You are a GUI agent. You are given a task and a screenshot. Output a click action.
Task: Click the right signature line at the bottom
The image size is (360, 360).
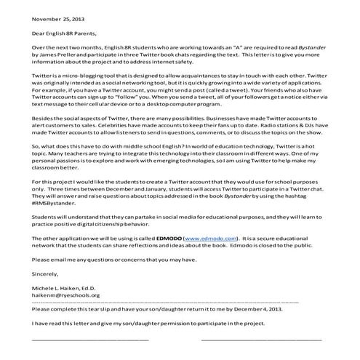(261, 340)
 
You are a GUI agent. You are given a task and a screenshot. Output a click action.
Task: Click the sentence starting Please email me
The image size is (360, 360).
(105, 260)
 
